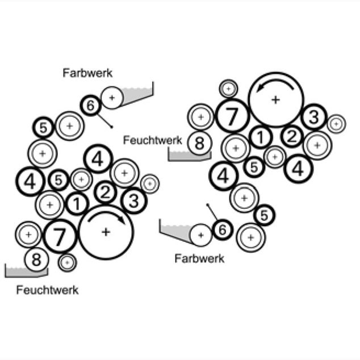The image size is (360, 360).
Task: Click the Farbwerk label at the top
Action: point(87,73)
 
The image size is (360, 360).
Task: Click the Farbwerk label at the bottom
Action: point(199,258)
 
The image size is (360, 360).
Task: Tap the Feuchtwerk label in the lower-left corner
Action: point(47,290)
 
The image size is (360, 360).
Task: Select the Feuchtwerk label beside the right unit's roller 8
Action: point(152,140)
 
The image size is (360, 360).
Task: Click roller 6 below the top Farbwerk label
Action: point(90,105)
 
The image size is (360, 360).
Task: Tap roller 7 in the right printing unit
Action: point(232,116)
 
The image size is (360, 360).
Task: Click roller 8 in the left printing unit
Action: point(36,259)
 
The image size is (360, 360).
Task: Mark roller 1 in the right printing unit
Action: point(260,137)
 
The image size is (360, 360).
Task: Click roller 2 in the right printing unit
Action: point(291,135)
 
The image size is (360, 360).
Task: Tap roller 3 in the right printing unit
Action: point(313,117)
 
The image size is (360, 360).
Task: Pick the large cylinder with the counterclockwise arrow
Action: point(275,99)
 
